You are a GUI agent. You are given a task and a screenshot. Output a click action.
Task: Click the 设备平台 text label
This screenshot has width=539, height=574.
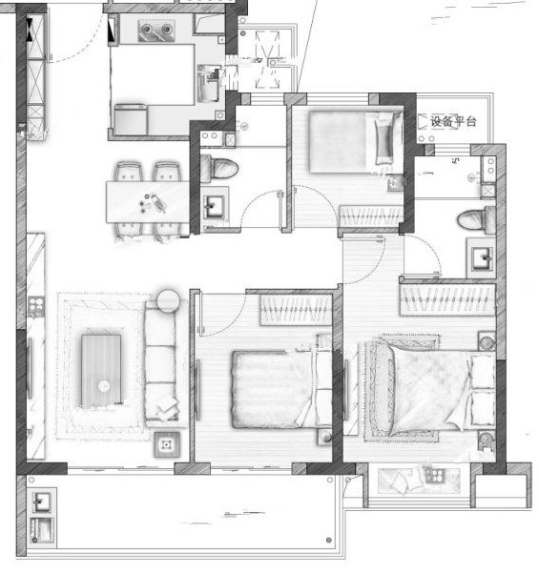453,121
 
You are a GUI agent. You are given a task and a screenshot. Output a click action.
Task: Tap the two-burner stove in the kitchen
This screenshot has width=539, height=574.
156,31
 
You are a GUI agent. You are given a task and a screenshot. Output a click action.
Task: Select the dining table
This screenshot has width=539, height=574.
148,202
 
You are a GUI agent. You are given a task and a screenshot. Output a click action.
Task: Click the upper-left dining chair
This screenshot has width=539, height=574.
129,172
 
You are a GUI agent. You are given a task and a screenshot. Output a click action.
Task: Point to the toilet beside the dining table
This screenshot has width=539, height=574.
219,169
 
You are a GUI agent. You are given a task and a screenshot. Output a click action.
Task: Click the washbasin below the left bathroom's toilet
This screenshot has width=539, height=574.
215,208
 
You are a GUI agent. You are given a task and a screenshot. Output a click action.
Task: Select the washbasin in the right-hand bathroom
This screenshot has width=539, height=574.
482,258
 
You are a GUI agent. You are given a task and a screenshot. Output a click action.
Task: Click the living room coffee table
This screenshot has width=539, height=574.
101,371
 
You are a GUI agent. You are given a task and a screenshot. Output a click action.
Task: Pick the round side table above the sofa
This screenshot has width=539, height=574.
169,301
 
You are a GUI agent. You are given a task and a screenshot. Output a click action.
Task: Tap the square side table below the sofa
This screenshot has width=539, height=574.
167,444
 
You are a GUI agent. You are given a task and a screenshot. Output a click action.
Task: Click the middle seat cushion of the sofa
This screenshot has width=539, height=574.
160,364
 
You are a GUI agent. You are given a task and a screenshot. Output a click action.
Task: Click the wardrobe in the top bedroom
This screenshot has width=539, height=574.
371,216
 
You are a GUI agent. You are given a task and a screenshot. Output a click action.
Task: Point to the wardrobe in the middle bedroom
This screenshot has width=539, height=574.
297,310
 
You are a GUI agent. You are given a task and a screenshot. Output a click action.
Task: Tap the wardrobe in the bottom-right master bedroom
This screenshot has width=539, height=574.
447,299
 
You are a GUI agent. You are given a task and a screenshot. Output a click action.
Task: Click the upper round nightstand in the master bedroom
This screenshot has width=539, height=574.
487,342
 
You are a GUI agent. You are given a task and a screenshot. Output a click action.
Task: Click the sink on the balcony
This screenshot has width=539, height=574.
42,502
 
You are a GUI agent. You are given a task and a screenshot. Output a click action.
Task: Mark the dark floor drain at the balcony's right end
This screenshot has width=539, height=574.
328,540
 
